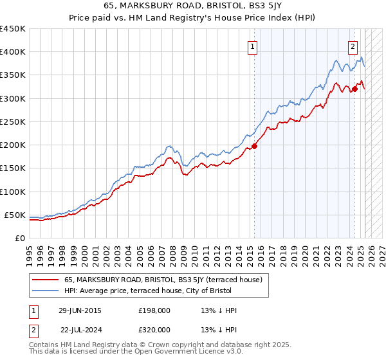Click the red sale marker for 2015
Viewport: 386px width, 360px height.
click(254, 146)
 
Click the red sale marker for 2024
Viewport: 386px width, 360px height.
click(354, 89)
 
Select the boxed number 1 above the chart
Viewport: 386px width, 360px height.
click(253, 46)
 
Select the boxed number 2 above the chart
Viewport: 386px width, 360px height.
click(353, 46)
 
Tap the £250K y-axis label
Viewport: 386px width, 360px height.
click(13, 122)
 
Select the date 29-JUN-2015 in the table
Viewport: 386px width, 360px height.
click(79, 310)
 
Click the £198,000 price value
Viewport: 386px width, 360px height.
click(154, 310)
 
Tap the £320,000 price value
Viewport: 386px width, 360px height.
click(154, 329)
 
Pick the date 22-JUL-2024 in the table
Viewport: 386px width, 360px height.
click(80, 329)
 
